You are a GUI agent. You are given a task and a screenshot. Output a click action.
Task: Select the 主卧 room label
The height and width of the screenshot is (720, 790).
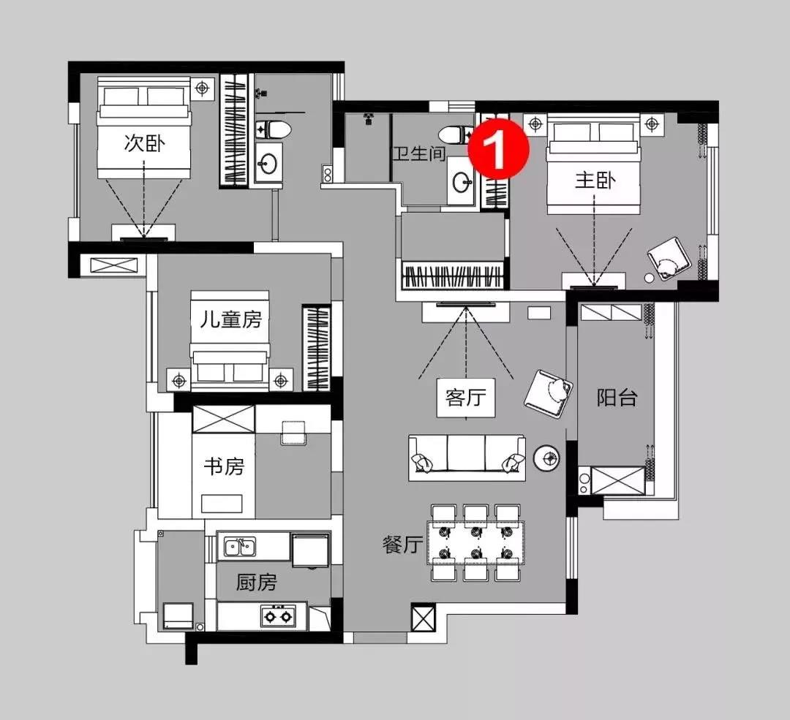point(594,179)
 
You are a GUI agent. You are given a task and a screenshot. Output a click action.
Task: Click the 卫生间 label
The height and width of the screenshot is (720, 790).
point(418,154)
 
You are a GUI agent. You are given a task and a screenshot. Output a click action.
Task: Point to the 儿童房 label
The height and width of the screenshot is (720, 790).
point(230,319)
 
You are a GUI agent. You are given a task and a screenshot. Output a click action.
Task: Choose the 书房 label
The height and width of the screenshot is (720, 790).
point(223,466)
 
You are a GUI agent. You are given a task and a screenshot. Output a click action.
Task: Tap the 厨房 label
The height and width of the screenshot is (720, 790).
point(257,583)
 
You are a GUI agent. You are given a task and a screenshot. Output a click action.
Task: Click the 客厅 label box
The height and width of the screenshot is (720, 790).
point(466,398)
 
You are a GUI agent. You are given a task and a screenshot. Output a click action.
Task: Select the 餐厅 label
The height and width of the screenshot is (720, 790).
point(402,545)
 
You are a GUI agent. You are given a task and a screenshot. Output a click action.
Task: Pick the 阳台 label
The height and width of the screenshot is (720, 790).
point(617,398)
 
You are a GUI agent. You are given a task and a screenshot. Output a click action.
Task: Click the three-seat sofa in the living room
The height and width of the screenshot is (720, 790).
point(467,458)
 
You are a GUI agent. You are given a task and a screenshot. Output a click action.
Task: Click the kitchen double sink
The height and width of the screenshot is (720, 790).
point(240,546)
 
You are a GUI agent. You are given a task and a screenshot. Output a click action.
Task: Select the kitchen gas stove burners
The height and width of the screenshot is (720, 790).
point(277,617)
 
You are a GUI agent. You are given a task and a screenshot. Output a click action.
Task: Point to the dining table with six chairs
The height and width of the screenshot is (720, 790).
point(476,542)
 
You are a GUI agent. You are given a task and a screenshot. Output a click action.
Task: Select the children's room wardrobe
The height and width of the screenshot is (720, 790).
point(317,348)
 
